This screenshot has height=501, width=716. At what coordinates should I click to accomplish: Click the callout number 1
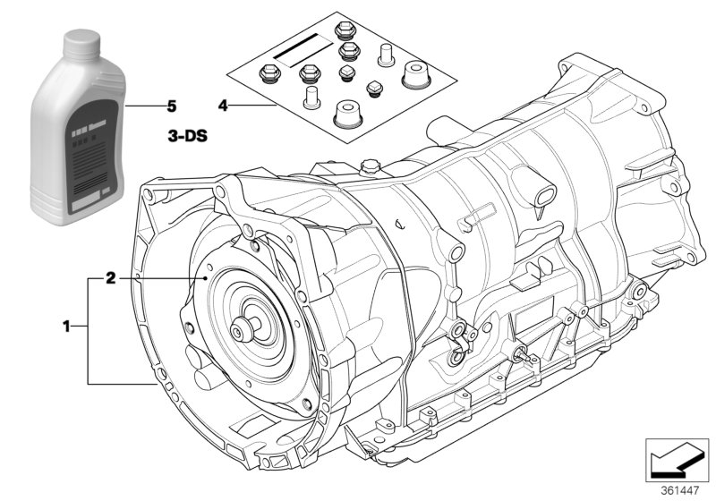[66, 328]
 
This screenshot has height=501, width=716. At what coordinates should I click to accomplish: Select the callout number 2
[110, 278]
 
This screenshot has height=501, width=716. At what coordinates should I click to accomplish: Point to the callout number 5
[170, 106]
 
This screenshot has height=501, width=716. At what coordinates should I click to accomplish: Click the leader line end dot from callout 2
[207, 279]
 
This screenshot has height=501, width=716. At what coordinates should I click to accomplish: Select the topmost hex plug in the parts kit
[344, 30]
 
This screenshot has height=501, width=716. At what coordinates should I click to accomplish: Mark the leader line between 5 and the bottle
[142, 106]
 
